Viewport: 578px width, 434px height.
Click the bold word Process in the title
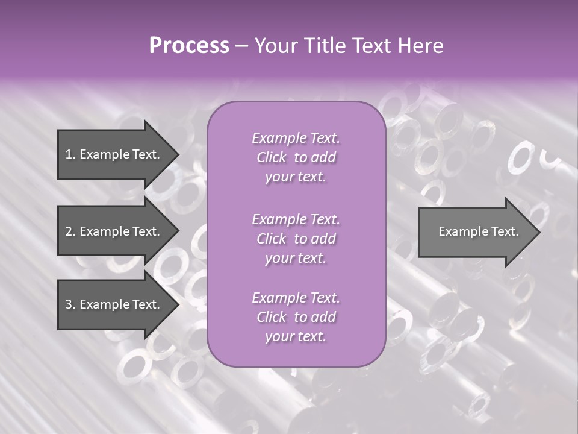click(x=189, y=46)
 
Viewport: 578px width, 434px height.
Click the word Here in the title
click(x=421, y=46)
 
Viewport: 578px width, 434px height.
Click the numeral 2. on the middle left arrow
click(x=70, y=231)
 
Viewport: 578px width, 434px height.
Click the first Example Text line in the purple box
click(x=296, y=138)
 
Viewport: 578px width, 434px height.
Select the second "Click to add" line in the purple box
click(x=296, y=239)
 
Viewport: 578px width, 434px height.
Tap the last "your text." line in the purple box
click(x=296, y=336)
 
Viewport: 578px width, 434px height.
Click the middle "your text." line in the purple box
click(x=296, y=258)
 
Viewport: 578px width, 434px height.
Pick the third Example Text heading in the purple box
click(x=296, y=298)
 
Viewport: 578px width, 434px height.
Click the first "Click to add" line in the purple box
click(x=296, y=157)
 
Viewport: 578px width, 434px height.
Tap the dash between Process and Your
click(x=241, y=46)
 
